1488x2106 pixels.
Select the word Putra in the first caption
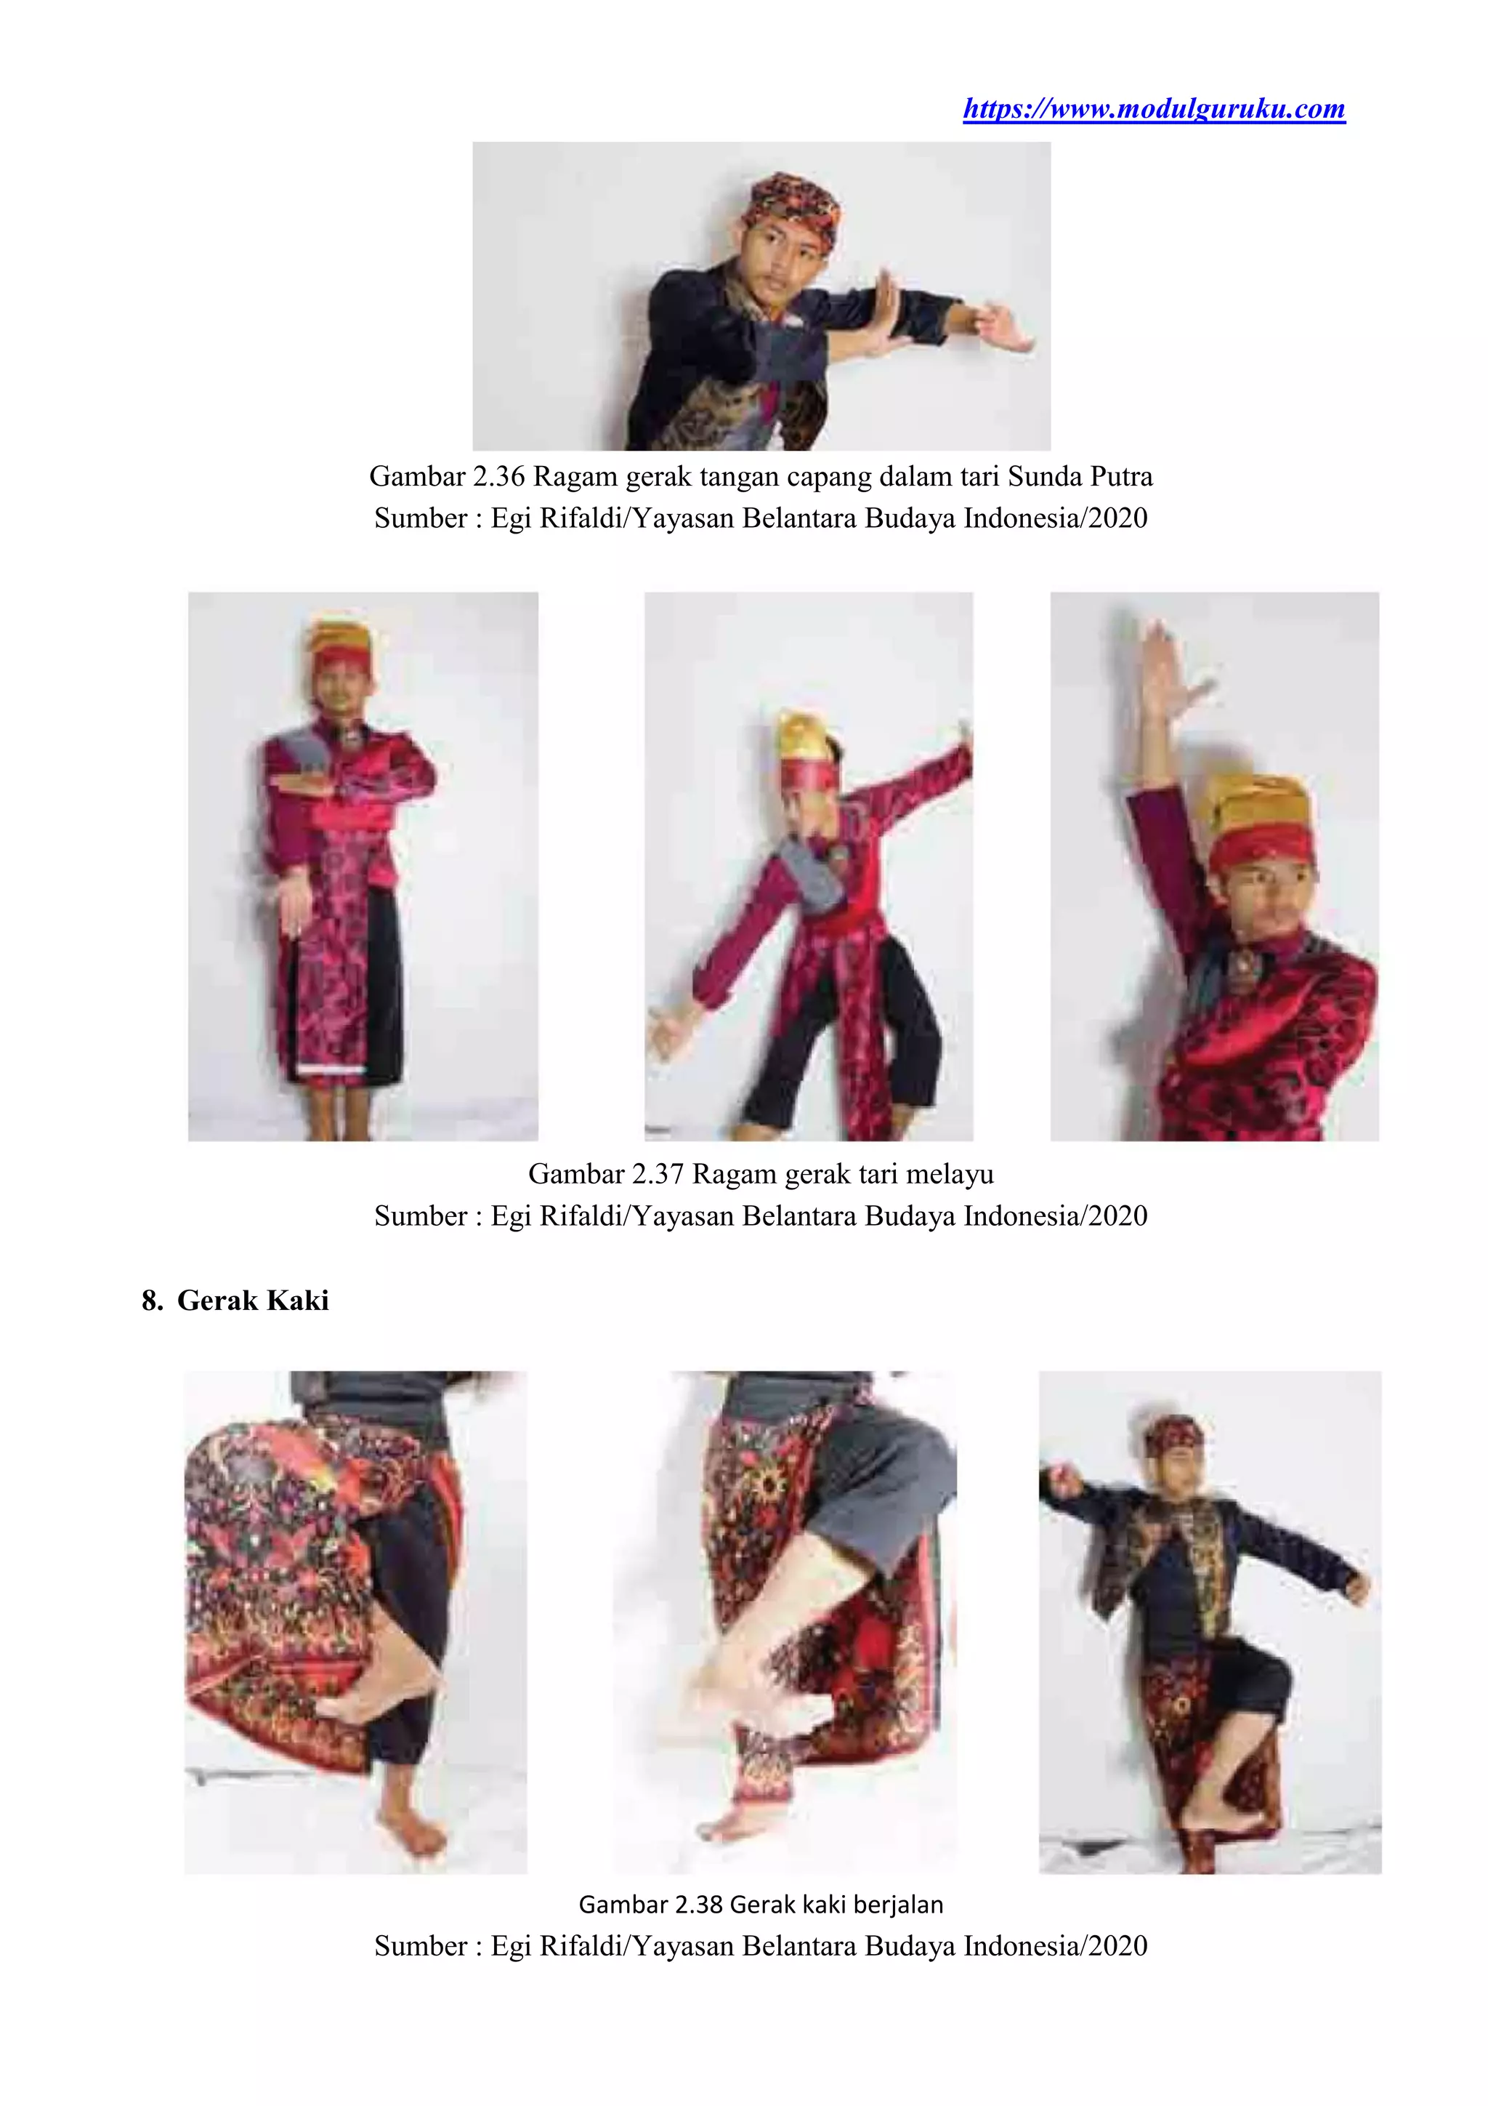click(x=1121, y=476)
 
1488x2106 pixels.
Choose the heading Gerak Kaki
click(x=253, y=1301)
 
